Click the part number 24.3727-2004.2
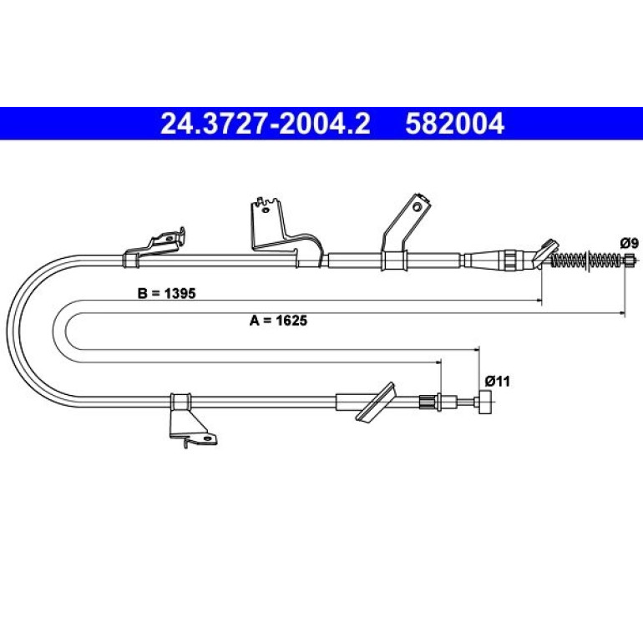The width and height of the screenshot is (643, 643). coord(266,124)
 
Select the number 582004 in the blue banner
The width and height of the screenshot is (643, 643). coord(454,124)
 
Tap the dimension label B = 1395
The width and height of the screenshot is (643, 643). coord(166,293)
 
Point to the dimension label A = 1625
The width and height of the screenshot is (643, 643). coord(278,321)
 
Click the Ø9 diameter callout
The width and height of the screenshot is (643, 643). coord(629,244)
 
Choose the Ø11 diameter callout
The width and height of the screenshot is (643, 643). coord(497,382)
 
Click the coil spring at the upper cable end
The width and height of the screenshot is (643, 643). coord(585,260)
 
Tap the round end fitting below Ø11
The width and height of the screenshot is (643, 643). coord(484,403)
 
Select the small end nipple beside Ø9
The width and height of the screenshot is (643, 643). coord(630,260)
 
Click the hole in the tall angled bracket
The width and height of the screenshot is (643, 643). coord(417,207)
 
